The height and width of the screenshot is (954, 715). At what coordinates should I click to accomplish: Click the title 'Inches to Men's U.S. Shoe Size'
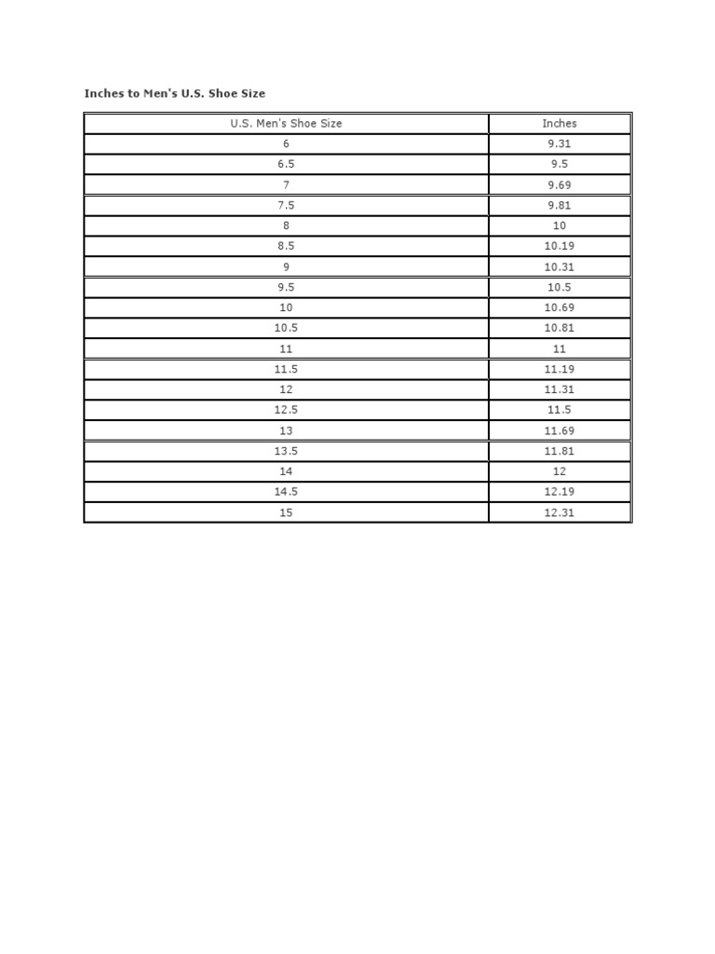tap(175, 93)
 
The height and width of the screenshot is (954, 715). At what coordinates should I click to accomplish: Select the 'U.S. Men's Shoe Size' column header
tap(286, 123)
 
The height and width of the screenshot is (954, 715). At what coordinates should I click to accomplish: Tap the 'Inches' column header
tap(560, 123)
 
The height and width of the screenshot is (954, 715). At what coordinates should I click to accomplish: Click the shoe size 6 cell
tap(286, 143)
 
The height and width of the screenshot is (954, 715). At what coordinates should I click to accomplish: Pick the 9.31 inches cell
tap(560, 143)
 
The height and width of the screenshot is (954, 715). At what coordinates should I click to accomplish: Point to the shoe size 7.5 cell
tap(286, 205)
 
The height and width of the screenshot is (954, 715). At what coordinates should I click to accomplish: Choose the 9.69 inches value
tap(560, 184)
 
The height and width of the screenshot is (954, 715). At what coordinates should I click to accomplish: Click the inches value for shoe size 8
tap(560, 225)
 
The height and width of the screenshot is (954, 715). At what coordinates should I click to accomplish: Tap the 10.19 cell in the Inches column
tap(560, 246)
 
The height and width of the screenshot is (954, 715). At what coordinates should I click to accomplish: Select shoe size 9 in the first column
tap(286, 266)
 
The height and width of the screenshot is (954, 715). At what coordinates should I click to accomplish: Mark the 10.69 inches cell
tap(560, 307)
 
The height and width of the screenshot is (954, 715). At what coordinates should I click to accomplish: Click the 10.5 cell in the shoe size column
tap(286, 328)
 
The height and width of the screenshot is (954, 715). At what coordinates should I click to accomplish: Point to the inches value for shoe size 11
tap(560, 348)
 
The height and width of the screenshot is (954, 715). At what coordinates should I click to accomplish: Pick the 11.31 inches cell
tap(560, 389)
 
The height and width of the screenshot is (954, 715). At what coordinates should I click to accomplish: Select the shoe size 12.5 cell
tap(286, 410)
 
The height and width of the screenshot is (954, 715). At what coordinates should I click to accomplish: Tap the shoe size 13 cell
tap(286, 430)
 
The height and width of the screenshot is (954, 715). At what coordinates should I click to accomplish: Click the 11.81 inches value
tap(560, 451)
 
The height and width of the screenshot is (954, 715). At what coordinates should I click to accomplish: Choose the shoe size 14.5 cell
tap(286, 492)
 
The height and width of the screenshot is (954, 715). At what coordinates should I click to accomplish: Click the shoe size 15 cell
tap(286, 512)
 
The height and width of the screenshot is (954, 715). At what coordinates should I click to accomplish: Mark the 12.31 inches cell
tap(560, 512)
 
